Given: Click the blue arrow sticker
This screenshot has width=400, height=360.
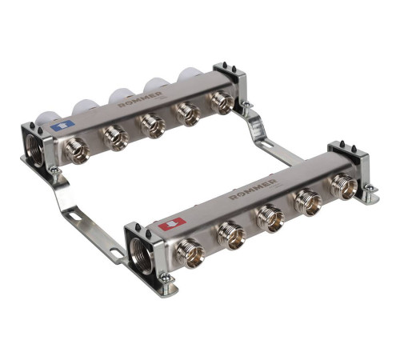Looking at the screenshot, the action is tap(62, 125).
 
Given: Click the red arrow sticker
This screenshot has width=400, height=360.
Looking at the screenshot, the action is tap(172, 223).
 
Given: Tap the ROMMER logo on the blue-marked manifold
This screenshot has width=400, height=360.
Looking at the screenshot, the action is tap(140, 99).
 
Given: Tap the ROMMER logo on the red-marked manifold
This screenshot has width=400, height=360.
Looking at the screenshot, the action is tap(253, 189).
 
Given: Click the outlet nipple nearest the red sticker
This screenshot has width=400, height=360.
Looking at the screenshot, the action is tap(190, 253).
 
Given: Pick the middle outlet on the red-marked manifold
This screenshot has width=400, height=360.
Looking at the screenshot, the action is tap(270, 218).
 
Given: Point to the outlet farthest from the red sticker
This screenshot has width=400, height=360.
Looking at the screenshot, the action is tap(344, 186).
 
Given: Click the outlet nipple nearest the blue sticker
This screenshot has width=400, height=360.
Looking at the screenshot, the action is tap(77, 150).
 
